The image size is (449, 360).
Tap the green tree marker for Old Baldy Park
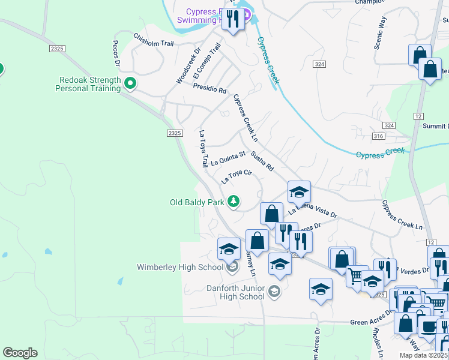tap(234, 202)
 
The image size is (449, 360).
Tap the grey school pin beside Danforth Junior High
tap(274, 291)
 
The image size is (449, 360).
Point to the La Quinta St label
tap(229, 159)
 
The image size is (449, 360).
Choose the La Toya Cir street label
tap(235, 176)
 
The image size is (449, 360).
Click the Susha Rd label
tap(262, 161)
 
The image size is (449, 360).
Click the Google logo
tap(19, 353)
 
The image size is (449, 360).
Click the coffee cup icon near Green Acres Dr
tap(429, 328)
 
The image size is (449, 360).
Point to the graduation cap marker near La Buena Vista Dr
tap(299, 193)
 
